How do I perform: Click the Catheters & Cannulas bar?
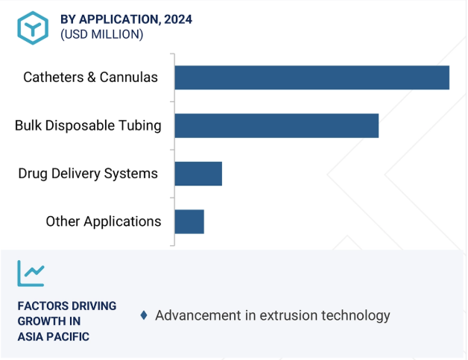[312, 78]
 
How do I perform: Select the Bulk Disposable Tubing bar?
[276, 126]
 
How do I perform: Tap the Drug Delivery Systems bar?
[198, 174]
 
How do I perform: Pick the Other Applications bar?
[189, 222]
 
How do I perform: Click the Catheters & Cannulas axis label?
[90, 78]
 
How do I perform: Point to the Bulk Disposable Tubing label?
[88, 126]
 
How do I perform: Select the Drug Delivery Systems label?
[88, 174]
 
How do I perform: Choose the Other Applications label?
[104, 222]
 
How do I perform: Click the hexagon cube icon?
[33, 28]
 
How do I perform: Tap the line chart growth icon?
[31, 274]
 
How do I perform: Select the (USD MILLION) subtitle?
[102, 34]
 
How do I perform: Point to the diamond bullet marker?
[144, 315]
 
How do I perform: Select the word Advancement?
[198, 315]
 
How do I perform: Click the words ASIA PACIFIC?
[54, 337]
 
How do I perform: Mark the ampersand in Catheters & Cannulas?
[92, 78]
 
